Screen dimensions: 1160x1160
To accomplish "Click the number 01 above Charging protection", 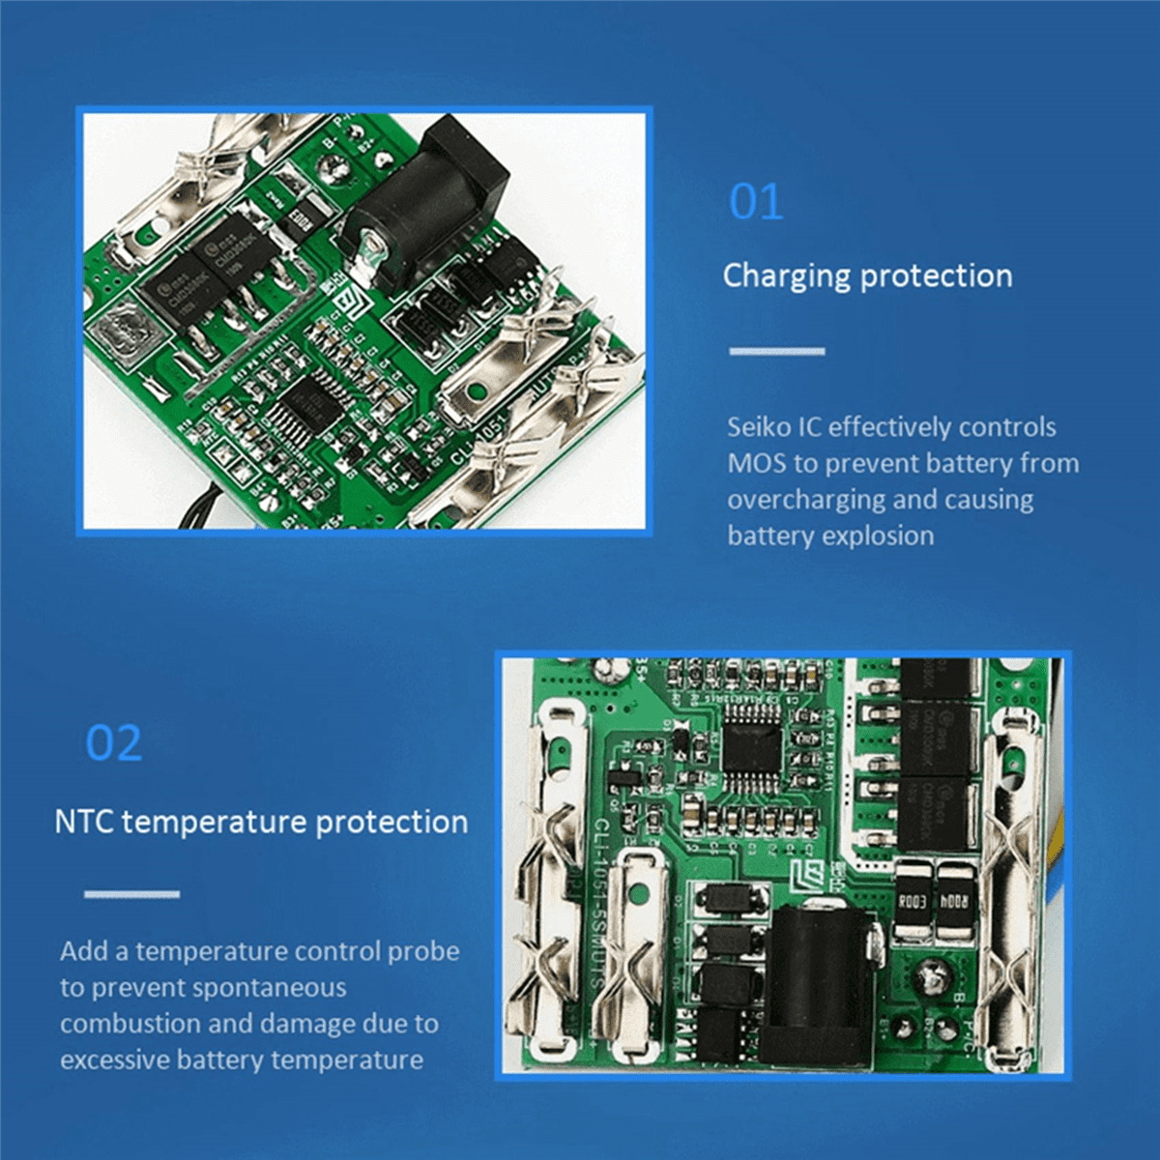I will point(756,203).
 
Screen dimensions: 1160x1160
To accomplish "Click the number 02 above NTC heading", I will point(114,743).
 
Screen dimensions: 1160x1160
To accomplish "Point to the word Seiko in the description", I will point(759,427).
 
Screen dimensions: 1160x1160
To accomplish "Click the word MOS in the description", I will point(757,463).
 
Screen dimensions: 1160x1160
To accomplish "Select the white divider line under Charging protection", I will point(776,351).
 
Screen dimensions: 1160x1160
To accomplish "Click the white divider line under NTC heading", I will point(131,894).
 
